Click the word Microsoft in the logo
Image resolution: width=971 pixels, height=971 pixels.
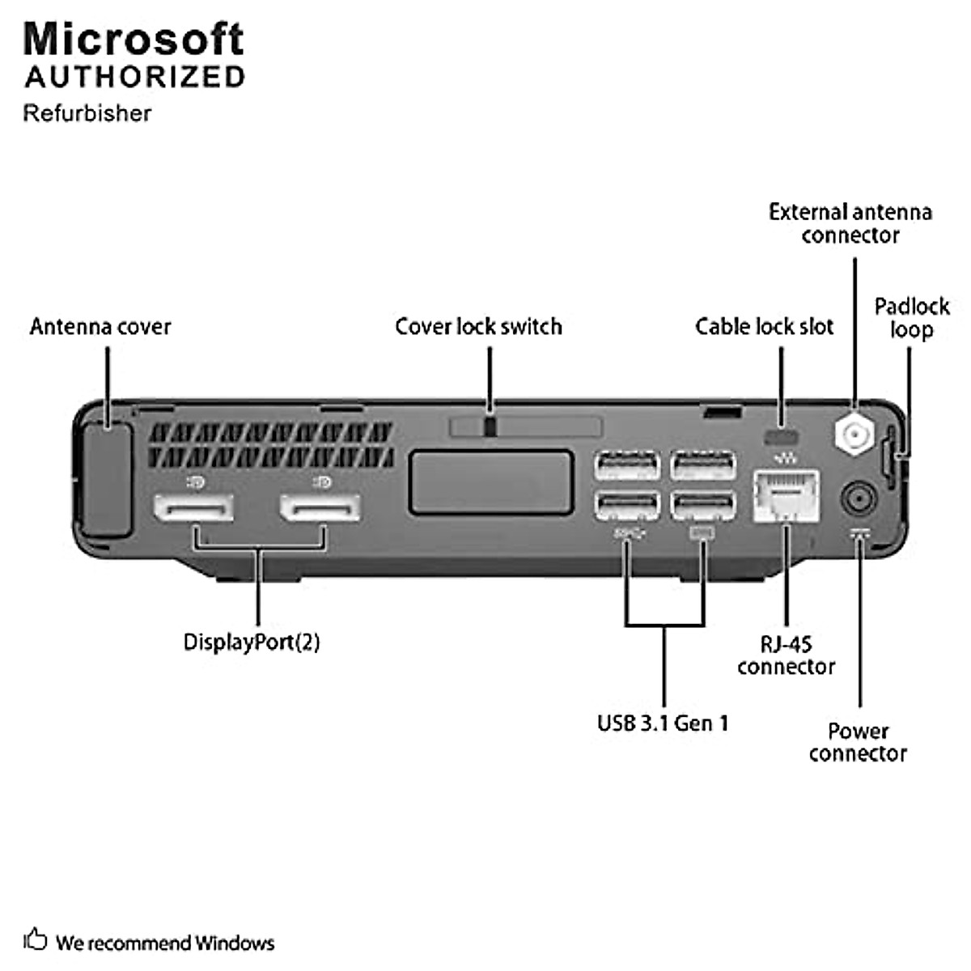pos(134,39)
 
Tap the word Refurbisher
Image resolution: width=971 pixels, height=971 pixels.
pos(87,112)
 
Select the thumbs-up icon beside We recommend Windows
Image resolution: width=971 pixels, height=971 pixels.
pos(35,939)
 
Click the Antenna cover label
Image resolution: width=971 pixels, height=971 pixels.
pos(100,327)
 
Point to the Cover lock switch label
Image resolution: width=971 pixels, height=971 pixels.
pos(478,327)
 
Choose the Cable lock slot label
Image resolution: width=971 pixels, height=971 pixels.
pos(764,327)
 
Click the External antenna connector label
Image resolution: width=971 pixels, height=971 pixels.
pos(850,223)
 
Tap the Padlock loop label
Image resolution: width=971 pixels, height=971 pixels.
pos(911,318)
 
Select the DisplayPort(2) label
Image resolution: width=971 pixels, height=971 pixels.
pos(252,642)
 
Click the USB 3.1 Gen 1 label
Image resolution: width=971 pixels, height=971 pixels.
pos(663,723)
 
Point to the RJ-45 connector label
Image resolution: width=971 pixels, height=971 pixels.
pos(786,655)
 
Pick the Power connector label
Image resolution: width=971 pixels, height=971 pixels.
pos(858,742)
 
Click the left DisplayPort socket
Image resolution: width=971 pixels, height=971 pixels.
pos(193,508)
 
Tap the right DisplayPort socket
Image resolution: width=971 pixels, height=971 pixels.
pos(320,508)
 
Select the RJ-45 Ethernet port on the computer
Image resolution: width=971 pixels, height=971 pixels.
pos(786,496)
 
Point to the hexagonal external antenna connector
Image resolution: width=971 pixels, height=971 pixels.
pos(853,435)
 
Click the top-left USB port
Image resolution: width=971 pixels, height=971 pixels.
pos(627,467)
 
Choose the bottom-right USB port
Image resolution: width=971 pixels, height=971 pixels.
pos(703,507)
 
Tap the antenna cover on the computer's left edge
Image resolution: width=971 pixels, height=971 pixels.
pos(106,479)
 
